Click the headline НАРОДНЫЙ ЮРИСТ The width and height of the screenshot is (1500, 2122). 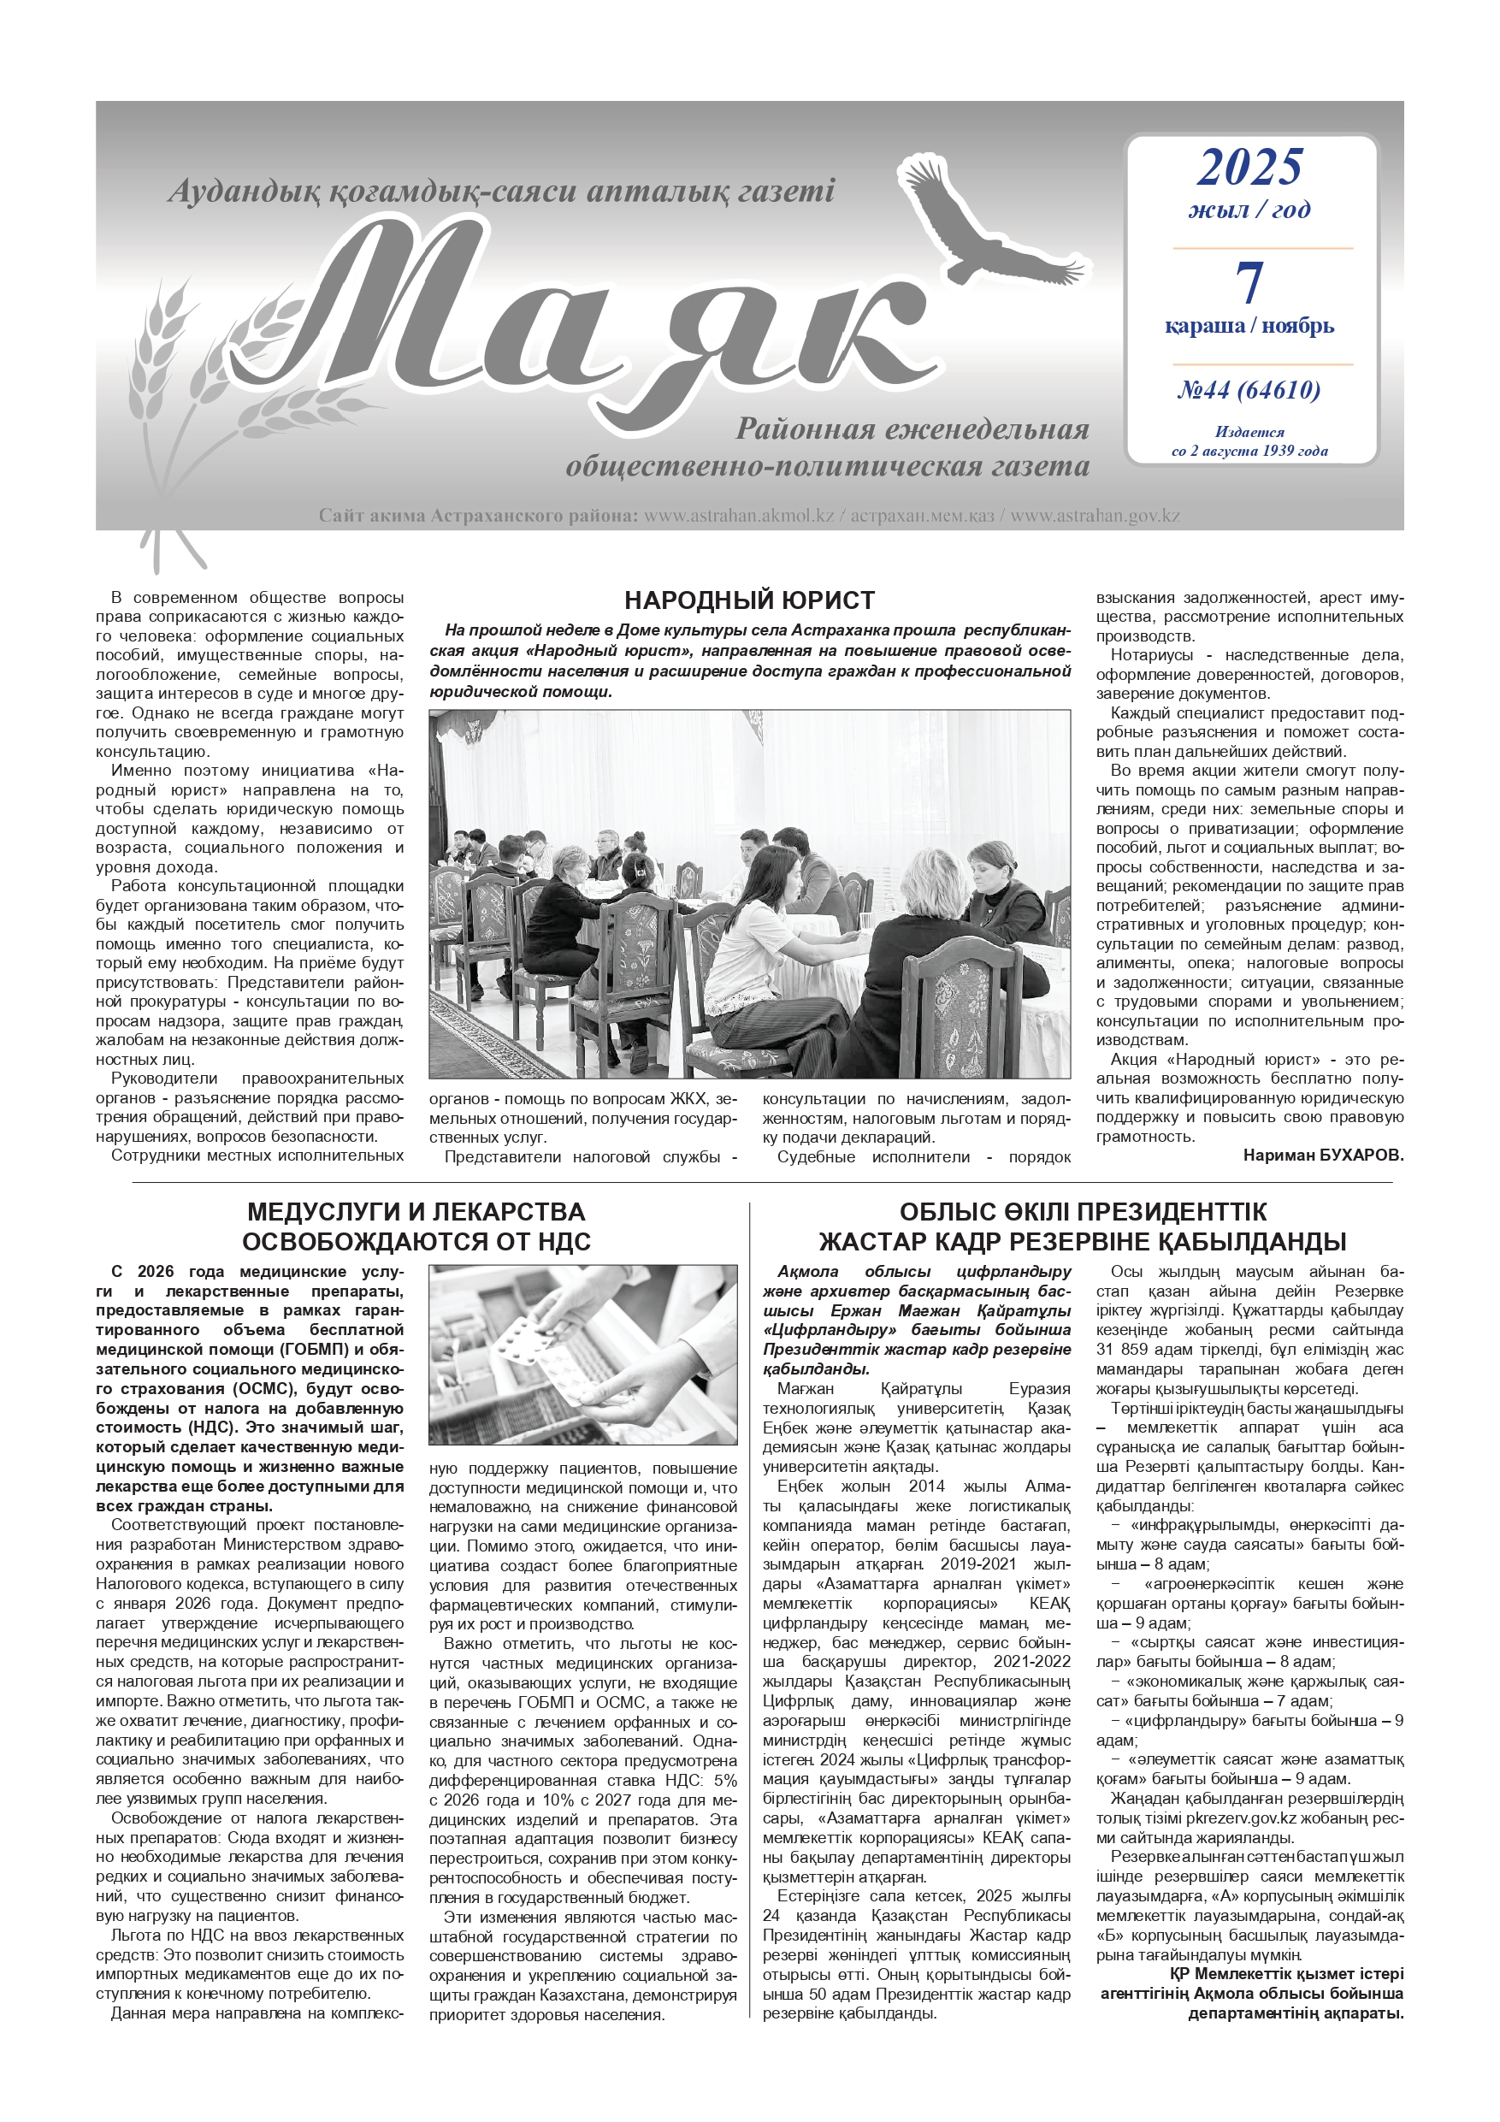[748, 600]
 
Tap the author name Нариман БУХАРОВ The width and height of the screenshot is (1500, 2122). [1323, 1156]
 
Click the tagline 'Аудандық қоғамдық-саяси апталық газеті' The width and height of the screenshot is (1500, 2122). [501, 192]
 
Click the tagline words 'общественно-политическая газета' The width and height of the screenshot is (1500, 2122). [827, 467]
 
